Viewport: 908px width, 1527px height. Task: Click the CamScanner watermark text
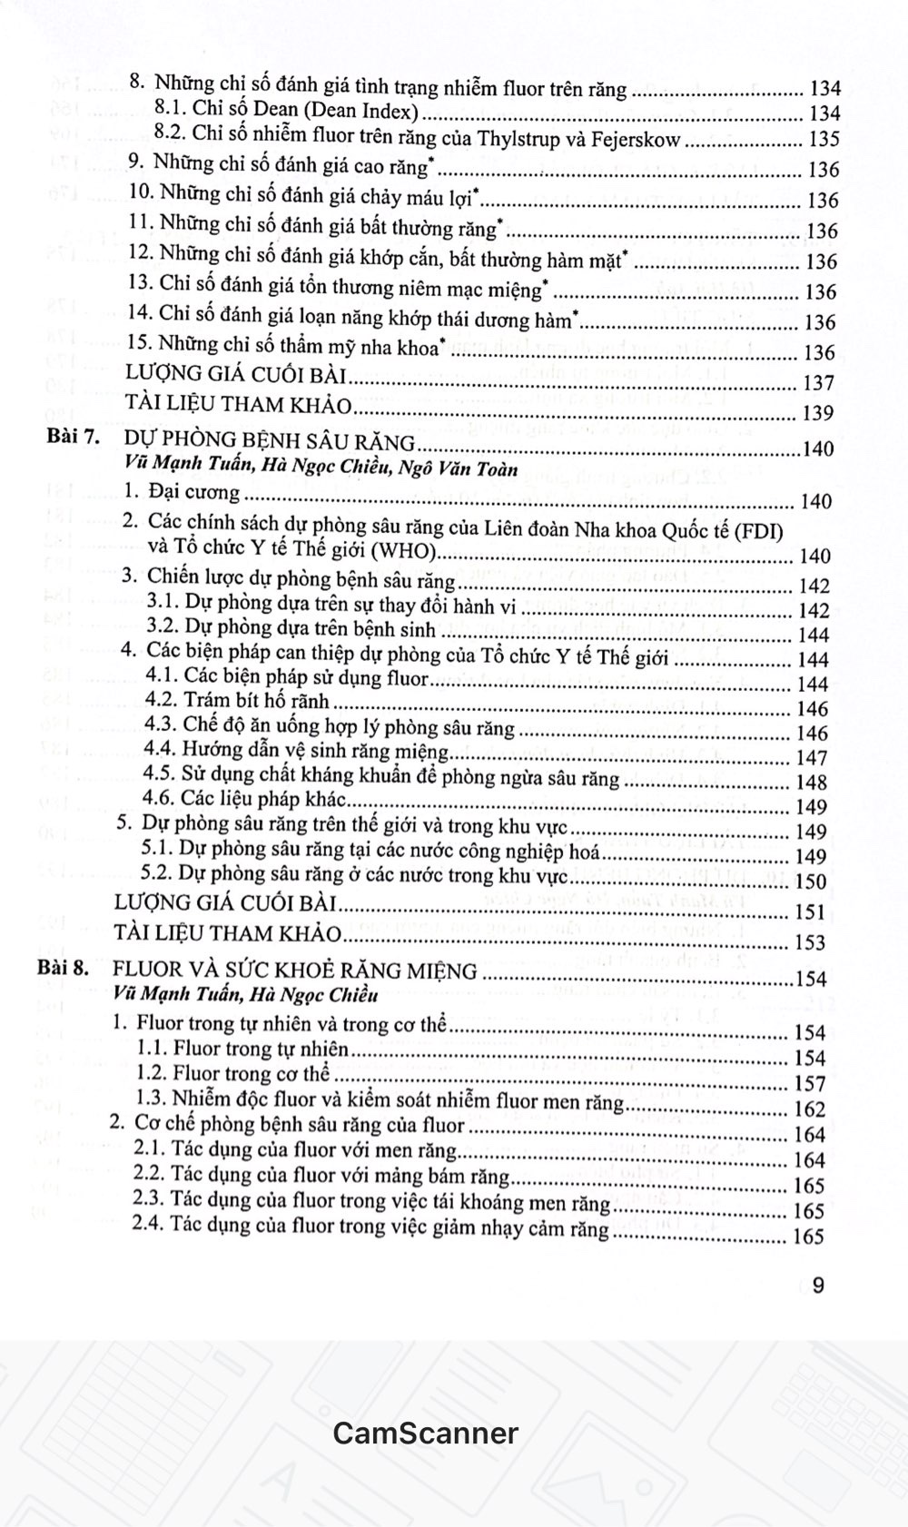click(x=425, y=1433)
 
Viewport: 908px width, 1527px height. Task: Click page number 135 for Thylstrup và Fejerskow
click(x=824, y=140)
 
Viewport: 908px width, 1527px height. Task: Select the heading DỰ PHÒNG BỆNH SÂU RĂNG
click(x=270, y=442)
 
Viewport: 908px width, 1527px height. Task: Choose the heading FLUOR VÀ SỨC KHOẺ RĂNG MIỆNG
click(x=294, y=971)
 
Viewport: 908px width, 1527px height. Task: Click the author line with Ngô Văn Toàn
click(x=321, y=468)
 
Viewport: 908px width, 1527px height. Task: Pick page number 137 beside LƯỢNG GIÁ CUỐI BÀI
click(x=818, y=383)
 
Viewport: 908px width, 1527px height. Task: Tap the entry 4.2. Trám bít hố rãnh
click(x=236, y=701)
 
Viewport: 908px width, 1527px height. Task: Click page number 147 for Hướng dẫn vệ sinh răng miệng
click(x=811, y=757)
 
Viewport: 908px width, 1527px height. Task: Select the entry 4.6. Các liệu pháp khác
click(x=245, y=799)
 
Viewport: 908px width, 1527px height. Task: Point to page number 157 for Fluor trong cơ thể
click(x=809, y=1084)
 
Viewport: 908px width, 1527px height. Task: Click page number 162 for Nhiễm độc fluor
click(x=809, y=1109)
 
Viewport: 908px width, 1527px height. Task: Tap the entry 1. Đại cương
click(x=183, y=493)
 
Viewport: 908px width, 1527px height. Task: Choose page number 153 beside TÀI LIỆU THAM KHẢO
click(x=809, y=942)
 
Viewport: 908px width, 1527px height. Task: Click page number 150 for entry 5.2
click(x=810, y=882)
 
